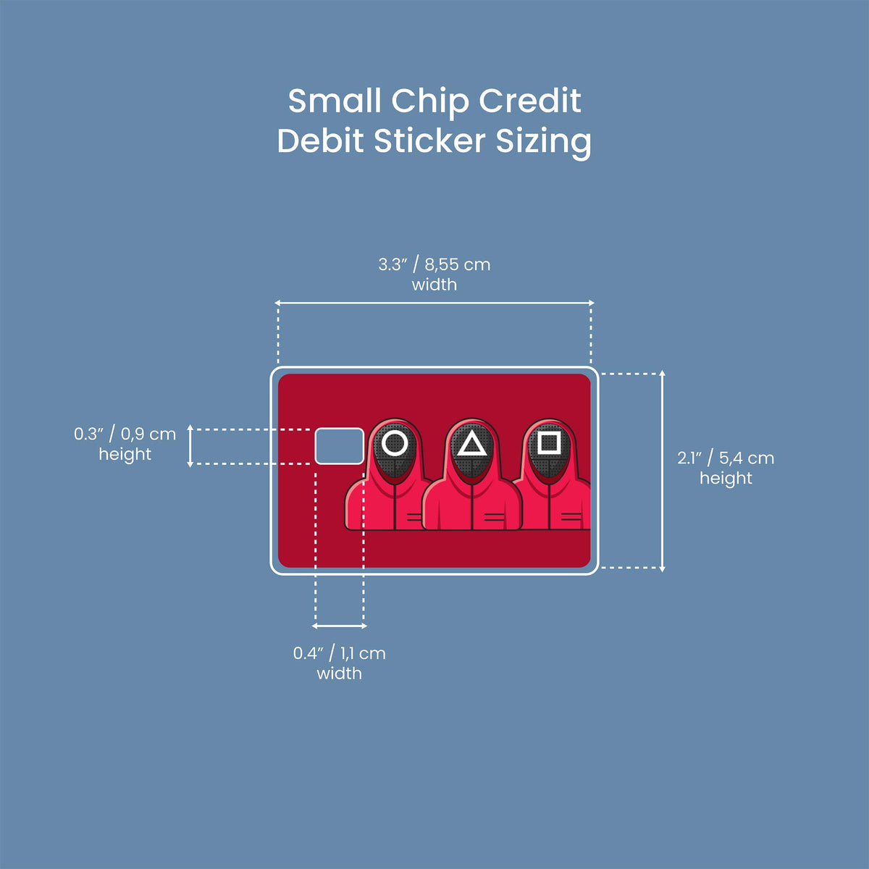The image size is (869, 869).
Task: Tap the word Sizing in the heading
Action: [x=543, y=143]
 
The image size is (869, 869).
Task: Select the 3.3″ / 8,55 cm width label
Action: [x=434, y=274]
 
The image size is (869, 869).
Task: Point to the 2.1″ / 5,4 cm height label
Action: [x=726, y=468]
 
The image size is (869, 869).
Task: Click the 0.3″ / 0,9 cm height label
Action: [x=125, y=444]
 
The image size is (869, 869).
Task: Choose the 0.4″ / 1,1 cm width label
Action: [x=339, y=663]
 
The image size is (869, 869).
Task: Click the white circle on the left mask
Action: [x=395, y=443]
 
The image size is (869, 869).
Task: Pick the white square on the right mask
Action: [x=549, y=443]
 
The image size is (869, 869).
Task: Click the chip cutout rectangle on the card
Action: [x=339, y=446]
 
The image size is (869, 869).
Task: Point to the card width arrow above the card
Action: [x=434, y=303]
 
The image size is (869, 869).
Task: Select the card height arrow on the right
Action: [x=662, y=471]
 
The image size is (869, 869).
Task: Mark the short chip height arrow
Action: [x=190, y=446]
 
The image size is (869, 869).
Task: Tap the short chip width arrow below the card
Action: [x=339, y=626]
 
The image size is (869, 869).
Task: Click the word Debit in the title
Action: [x=320, y=141]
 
